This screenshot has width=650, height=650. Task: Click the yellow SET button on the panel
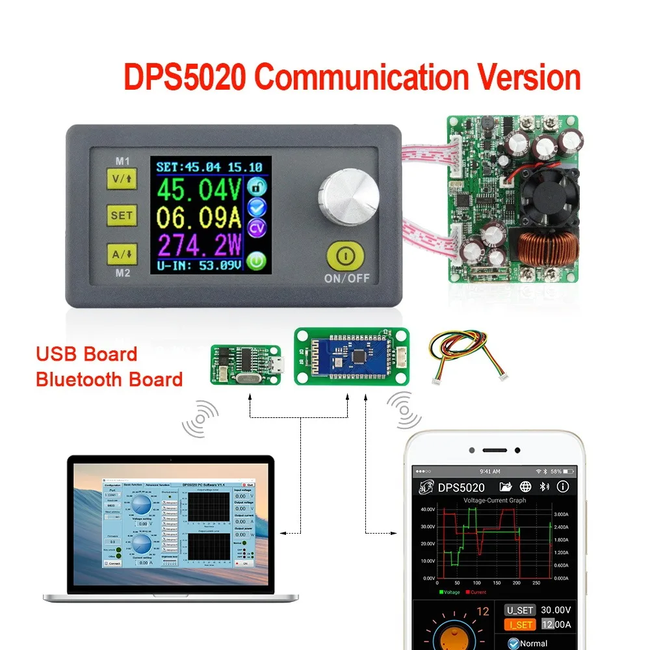point(122,215)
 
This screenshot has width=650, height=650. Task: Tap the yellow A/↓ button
point(122,255)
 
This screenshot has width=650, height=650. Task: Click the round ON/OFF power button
point(346,256)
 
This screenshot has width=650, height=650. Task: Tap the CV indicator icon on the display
point(258,228)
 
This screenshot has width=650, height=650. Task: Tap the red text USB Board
point(86,354)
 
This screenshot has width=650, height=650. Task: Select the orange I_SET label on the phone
point(520,625)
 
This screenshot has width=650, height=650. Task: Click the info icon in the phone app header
point(563,487)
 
